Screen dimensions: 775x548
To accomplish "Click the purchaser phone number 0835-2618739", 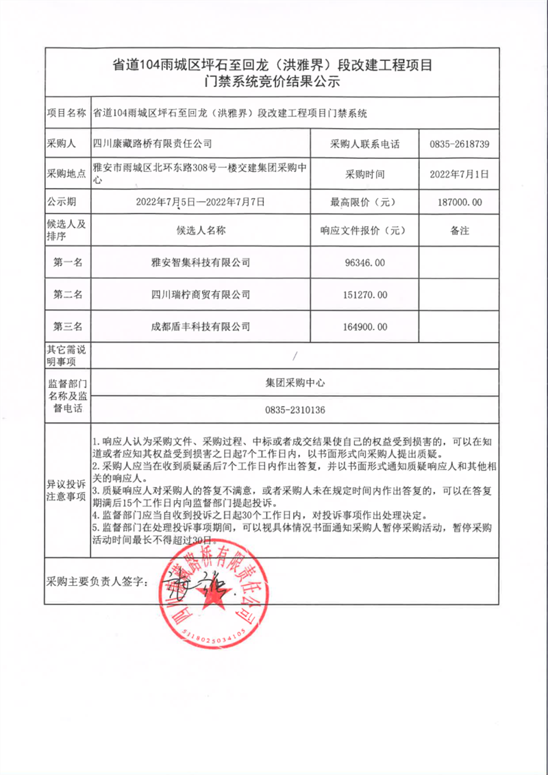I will (459, 145).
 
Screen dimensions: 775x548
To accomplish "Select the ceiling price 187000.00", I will (459, 202).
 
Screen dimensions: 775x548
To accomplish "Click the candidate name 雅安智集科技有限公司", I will (201, 262).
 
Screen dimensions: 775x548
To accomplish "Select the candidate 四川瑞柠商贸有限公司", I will (201, 295).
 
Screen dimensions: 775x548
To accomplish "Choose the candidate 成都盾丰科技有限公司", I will (201, 327).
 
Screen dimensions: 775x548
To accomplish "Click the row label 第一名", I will (68, 262).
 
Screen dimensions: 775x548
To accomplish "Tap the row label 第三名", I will (68, 327).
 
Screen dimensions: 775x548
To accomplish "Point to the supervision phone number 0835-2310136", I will (295, 410).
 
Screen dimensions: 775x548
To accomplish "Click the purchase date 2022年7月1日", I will (459, 175).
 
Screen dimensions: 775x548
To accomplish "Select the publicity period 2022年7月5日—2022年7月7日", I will (201, 202).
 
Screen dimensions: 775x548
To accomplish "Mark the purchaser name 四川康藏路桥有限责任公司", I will (152, 145).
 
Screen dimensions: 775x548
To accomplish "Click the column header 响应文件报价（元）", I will (364, 231).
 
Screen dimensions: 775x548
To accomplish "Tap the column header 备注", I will (459, 231).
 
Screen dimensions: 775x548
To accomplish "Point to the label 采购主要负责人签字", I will (97, 581).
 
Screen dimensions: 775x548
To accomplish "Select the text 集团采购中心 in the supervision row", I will (295, 383).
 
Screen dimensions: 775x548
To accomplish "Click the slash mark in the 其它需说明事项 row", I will (295, 356).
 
